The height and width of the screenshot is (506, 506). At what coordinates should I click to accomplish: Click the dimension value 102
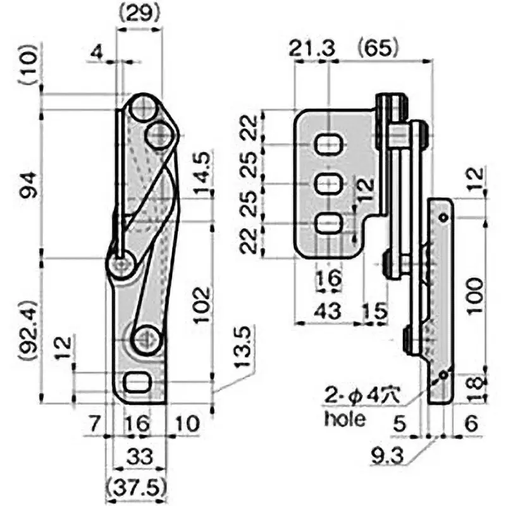click(201, 305)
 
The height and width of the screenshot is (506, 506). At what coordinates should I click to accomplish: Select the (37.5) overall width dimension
click(138, 487)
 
